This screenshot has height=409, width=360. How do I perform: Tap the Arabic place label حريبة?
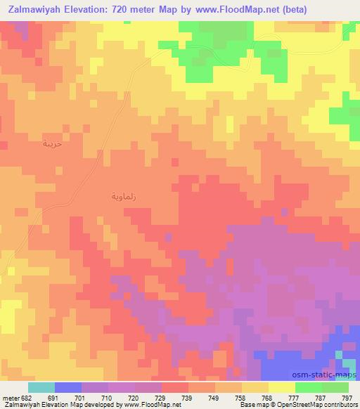pos(52,143)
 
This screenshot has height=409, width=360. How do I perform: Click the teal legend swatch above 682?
pos(41,387)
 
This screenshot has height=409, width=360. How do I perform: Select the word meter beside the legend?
pos(11,398)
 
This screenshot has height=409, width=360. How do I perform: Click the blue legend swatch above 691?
pos(68,387)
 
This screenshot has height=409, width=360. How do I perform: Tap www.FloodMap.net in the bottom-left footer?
pos(147,405)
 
